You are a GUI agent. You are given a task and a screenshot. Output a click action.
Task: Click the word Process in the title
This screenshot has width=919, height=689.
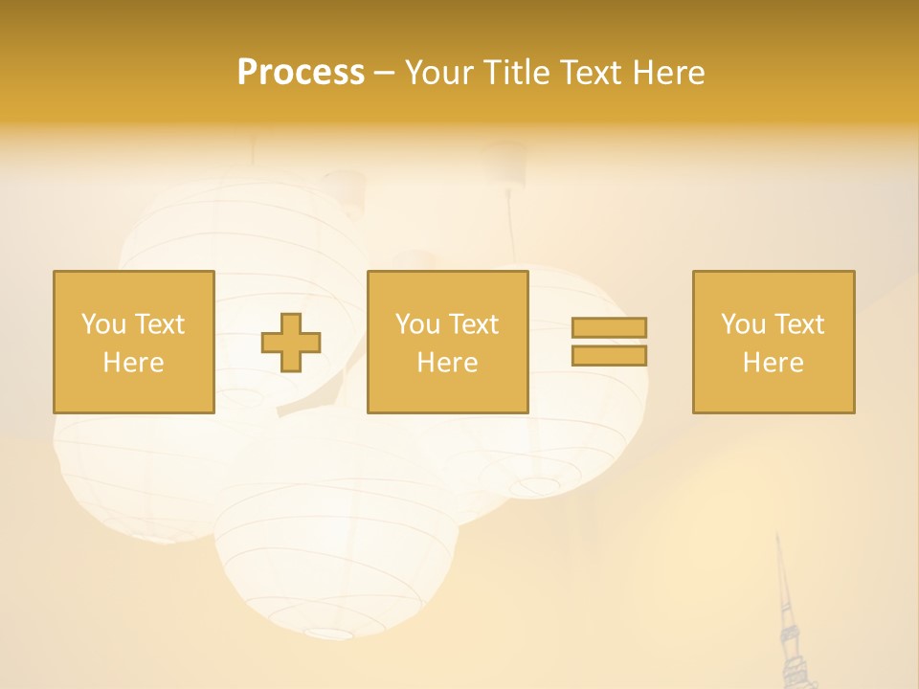click(x=301, y=73)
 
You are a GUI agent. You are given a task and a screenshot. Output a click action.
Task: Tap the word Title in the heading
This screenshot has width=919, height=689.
click(x=517, y=73)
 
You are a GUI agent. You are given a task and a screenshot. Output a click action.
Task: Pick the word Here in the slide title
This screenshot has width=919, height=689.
click(x=669, y=73)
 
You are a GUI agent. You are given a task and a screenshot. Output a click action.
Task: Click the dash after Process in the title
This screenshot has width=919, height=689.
click(x=385, y=75)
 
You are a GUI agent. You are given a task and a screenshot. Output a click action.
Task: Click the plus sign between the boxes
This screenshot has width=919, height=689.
click(x=291, y=343)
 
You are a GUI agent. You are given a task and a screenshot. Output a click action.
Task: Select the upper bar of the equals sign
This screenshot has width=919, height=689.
click(x=609, y=327)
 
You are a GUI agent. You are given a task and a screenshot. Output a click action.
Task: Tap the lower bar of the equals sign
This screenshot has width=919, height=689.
click(x=609, y=356)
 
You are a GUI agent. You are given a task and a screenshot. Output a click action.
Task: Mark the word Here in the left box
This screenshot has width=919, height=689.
click(x=133, y=363)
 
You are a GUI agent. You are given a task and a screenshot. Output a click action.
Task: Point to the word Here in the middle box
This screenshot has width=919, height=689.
click(x=447, y=363)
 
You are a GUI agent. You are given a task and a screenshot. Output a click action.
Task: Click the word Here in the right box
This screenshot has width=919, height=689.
click(x=773, y=363)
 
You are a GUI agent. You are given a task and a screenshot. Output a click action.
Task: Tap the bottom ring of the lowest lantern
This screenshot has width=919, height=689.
click(x=330, y=633)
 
